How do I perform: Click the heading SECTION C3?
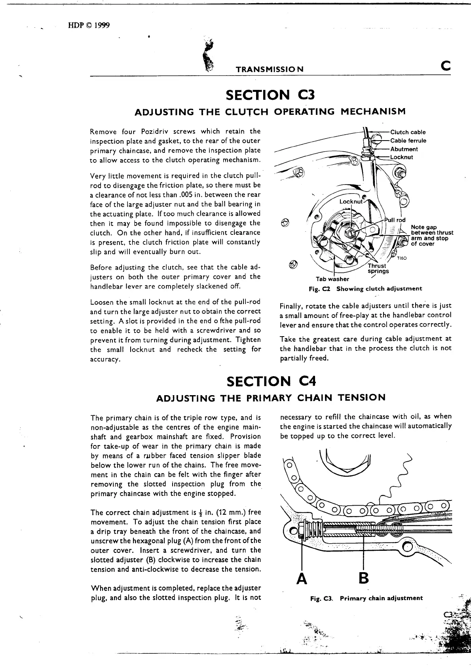[270, 95]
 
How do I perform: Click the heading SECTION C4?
[271, 381]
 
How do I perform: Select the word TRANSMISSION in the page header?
[270, 69]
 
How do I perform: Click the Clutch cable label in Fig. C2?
[408, 132]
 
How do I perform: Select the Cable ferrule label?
[408, 141]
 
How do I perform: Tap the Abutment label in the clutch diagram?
[404, 149]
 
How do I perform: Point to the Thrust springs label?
[378, 269]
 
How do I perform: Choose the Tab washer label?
[332, 279]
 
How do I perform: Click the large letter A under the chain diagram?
[302, 578]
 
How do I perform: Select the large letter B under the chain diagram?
[363, 578]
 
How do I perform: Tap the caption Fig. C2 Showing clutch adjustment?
[365, 289]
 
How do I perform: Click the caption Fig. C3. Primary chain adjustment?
[367, 598]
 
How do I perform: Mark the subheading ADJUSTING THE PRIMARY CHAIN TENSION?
[271, 398]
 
